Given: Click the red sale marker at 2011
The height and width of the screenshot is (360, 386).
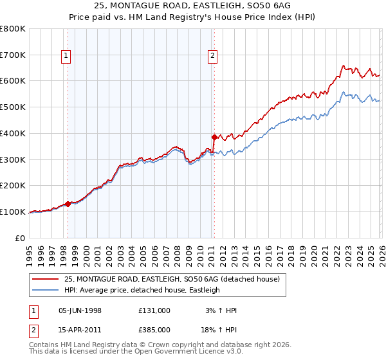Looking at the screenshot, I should coord(214,137).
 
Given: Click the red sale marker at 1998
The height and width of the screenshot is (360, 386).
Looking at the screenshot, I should coord(68,203).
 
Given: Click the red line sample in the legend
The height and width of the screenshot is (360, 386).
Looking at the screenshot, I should coord(46,280).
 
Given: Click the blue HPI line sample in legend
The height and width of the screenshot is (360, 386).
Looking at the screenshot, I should coord(46,291).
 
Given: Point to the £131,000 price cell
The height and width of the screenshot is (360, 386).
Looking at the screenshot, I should coord(154,310).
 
